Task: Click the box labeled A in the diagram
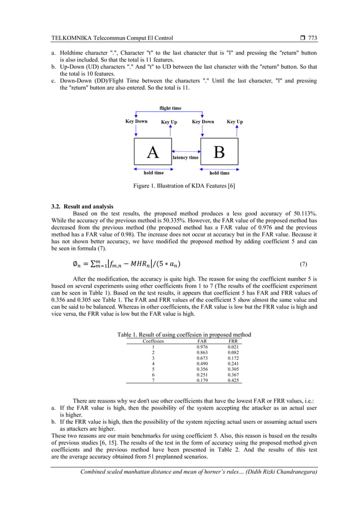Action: click(152, 152)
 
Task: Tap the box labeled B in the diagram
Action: click(219, 152)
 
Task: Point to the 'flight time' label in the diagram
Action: click(170, 108)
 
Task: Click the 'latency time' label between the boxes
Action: click(186, 157)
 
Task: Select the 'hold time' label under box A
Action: click(153, 173)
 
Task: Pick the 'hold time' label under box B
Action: click(219, 173)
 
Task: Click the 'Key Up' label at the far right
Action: click(235, 122)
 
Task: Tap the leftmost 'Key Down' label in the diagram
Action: click(137, 121)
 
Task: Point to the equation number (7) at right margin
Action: click(303, 264)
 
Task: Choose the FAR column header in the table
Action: click(201, 341)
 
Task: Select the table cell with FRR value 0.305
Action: click(232, 369)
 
